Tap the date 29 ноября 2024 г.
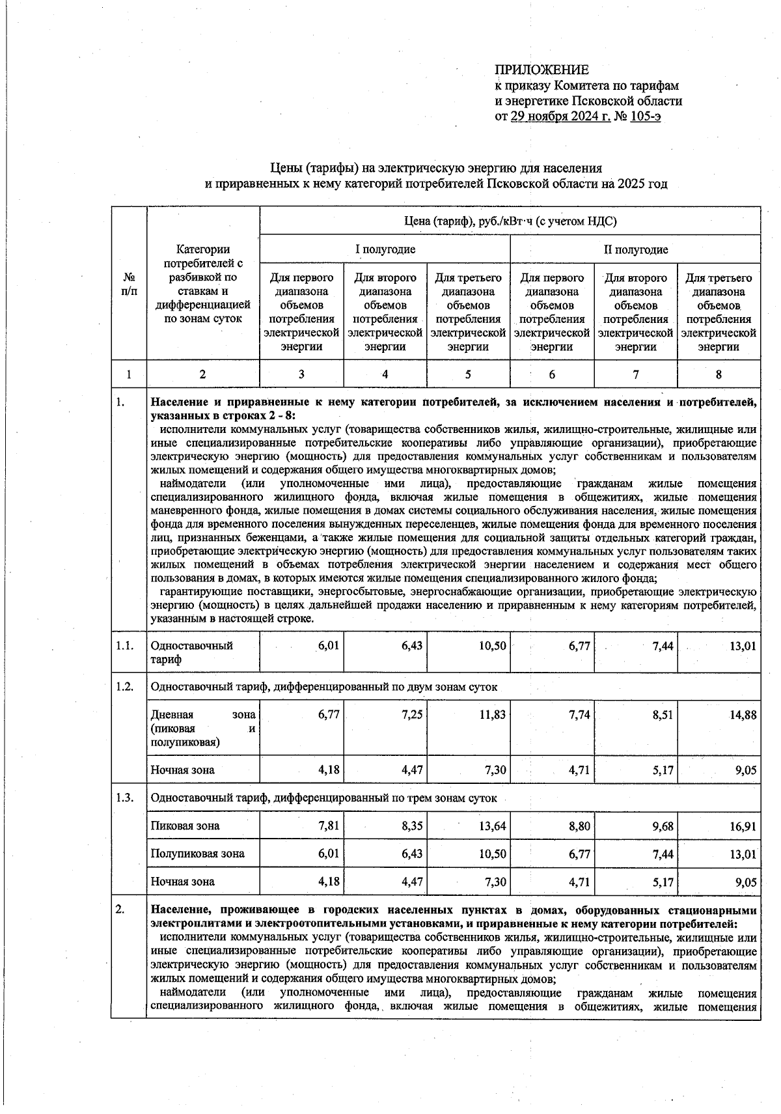(x=560, y=117)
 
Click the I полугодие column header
(x=385, y=249)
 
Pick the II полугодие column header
(x=635, y=249)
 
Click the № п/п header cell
(x=129, y=283)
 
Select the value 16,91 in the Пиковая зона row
(x=743, y=826)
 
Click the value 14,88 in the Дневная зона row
(x=743, y=715)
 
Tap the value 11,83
(x=493, y=715)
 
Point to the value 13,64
(x=493, y=826)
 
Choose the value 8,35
(x=412, y=826)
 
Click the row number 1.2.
(x=125, y=687)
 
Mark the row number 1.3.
(x=125, y=798)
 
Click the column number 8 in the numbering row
(x=719, y=374)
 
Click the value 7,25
(x=412, y=715)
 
